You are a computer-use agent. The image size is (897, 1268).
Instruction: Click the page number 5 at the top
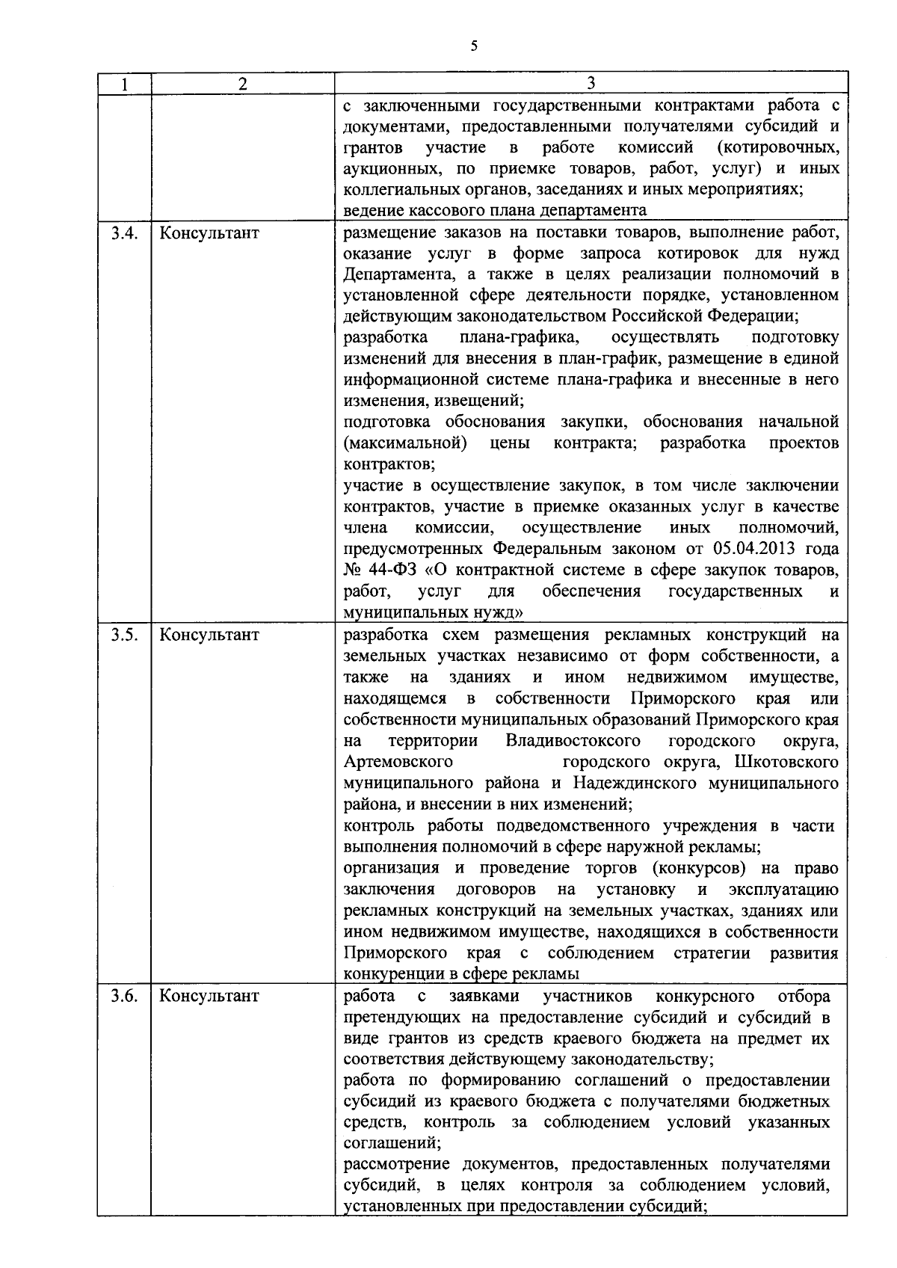474,46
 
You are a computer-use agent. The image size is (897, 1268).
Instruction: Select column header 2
242,84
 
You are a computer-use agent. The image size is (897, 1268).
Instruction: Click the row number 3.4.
124,233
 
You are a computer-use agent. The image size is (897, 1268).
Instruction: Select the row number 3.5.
124,635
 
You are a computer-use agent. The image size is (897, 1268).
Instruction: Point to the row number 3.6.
124,997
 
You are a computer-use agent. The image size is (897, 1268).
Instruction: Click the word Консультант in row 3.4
209,233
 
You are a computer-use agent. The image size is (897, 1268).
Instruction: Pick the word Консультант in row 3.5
209,635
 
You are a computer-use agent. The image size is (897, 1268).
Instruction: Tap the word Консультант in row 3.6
209,997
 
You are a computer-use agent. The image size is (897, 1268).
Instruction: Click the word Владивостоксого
573,741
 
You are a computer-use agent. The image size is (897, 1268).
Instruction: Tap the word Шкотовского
786,762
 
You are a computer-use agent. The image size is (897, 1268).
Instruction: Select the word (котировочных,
777,147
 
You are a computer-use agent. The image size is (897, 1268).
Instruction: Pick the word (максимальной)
404,443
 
